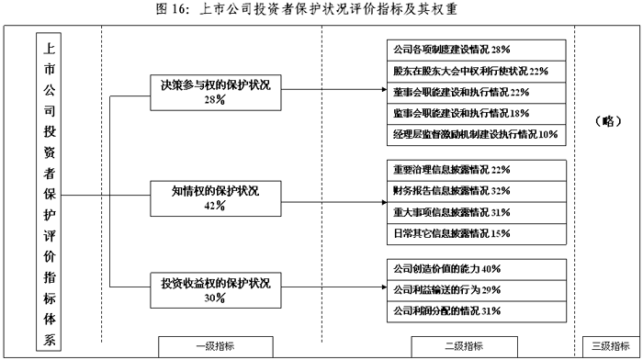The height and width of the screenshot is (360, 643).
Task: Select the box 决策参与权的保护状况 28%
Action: [x=215, y=91]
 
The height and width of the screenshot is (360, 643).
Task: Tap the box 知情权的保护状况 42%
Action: [x=215, y=197]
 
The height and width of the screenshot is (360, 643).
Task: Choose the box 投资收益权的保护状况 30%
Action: [x=215, y=289]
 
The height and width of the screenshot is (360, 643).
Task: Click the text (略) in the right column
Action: [x=607, y=119]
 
